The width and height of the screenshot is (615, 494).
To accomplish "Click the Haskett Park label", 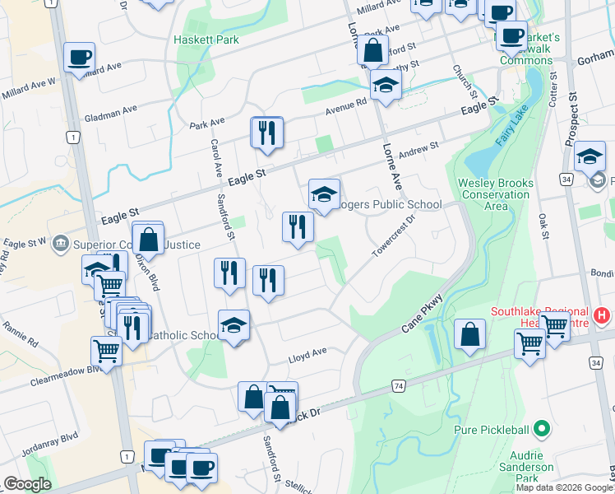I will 206,39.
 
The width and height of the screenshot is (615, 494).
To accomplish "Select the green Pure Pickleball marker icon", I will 540,428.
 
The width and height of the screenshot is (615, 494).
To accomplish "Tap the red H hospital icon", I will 602,315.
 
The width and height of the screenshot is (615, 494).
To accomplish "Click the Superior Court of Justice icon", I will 60,244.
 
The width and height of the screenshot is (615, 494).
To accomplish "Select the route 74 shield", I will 398,385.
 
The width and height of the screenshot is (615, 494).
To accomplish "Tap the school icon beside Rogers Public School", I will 324,194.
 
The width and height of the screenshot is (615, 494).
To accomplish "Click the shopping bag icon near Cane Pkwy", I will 469,335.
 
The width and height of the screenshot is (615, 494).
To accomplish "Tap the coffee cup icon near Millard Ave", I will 79,57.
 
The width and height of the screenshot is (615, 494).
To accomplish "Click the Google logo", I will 27,484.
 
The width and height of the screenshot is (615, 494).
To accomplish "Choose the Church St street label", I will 460,83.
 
